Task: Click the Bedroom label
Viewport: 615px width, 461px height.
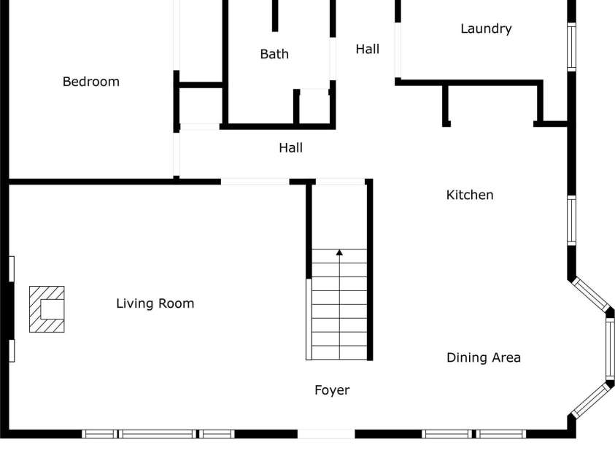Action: [x=90, y=82]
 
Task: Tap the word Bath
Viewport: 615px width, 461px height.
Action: [x=274, y=54]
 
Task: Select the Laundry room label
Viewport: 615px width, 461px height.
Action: [x=486, y=29]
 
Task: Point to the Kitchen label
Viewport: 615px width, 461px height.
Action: [x=470, y=195]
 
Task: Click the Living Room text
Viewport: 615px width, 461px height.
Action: [x=155, y=303]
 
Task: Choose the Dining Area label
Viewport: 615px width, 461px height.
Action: [x=484, y=357]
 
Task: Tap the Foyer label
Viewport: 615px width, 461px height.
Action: [x=332, y=390]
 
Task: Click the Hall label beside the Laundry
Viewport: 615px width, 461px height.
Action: [x=368, y=50]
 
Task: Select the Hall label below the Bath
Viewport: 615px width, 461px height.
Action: [x=290, y=148]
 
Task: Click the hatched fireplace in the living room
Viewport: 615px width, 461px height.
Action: [x=47, y=309]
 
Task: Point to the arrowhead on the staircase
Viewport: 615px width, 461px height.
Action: [x=339, y=252]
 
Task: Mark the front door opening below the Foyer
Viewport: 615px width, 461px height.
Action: [x=326, y=434]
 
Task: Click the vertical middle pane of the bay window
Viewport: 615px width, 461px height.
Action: [x=610, y=350]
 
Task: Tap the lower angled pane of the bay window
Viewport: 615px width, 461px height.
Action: [x=590, y=400]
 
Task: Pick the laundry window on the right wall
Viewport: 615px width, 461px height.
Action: [x=572, y=47]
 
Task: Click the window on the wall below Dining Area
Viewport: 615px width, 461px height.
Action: [x=473, y=434]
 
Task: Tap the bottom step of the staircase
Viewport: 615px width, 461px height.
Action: [x=339, y=353]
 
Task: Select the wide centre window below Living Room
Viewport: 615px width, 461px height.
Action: [x=158, y=434]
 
